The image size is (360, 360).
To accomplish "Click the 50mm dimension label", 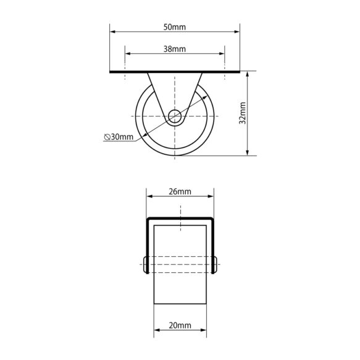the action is click(x=175, y=27).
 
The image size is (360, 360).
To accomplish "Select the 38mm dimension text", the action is click(x=175, y=49).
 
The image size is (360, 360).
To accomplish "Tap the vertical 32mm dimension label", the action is click(x=243, y=113).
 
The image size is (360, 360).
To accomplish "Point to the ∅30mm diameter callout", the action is click(x=119, y=137).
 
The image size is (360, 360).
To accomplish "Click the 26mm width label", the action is click(x=180, y=191).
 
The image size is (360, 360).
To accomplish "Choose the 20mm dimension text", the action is click(x=180, y=325).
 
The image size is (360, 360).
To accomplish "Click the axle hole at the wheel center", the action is click(x=175, y=116).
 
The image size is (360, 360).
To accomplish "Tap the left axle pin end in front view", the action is click(x=145, y=264).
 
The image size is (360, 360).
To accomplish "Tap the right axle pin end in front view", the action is click(x=216, y=264).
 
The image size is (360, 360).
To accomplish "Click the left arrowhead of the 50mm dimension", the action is click(x=112, y=31).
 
